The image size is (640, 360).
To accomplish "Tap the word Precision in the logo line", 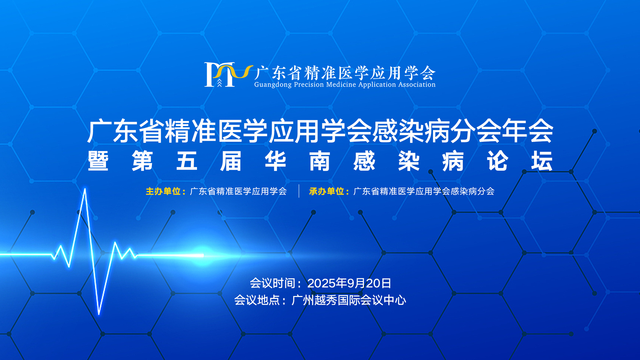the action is [309, 84].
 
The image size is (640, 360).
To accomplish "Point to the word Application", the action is [377, 85].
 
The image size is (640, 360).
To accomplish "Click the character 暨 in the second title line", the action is [98, 161].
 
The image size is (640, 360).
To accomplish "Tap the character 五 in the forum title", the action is [187, 161].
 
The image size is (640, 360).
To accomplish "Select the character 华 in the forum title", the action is [275, 161].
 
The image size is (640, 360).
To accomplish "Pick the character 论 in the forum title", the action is [497, 161].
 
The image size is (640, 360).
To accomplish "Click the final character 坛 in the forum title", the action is [542, 161].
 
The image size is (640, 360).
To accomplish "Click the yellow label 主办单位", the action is [163, 191].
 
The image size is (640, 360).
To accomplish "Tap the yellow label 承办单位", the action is [326, 191].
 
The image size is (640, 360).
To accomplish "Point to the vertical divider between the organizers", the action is [299, 191].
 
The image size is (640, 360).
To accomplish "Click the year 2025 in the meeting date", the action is [321, 283].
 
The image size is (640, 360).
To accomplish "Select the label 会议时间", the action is [273, 283].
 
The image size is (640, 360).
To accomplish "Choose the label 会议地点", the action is [257, 300].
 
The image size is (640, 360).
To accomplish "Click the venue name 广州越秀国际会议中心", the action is [349, 300].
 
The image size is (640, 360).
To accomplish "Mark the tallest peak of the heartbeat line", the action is [85, 189].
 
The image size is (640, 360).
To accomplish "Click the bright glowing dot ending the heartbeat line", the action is [202, 255].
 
